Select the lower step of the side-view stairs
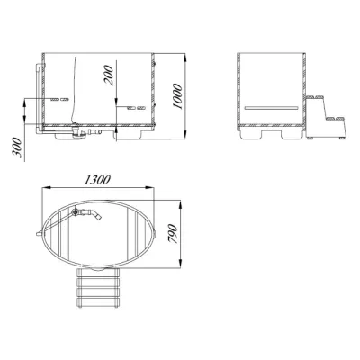[x=332, y=116]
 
